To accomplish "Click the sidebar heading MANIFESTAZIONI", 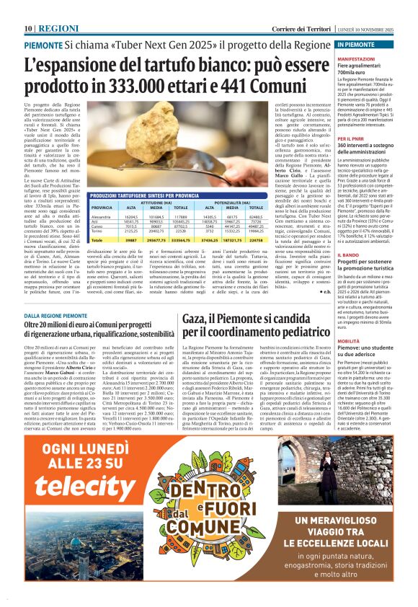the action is [376, 58].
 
